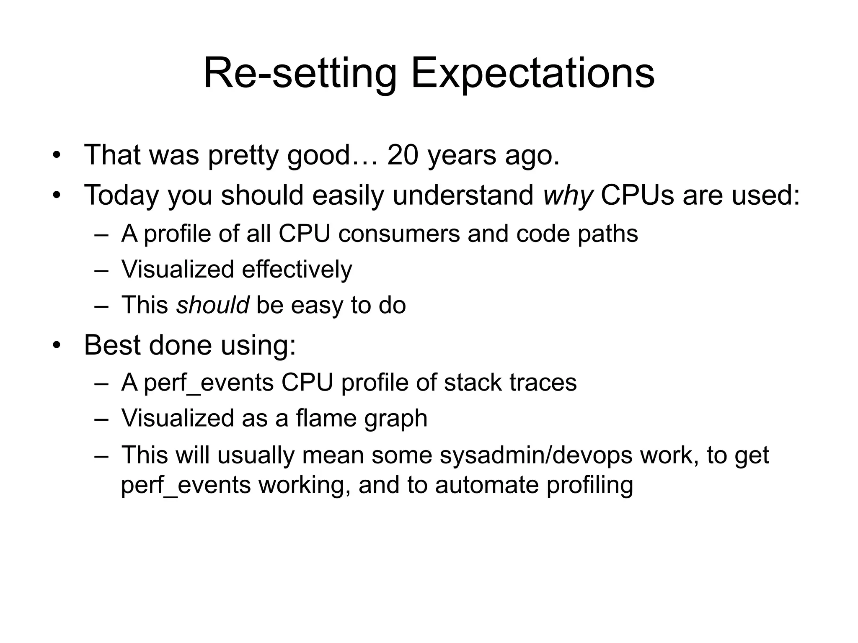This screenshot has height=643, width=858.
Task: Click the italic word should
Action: point(212,305)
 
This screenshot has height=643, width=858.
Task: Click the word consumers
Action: point(399,233)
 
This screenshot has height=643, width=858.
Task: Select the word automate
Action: point(486,485)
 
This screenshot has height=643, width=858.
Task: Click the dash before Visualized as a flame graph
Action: point(101,419)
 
